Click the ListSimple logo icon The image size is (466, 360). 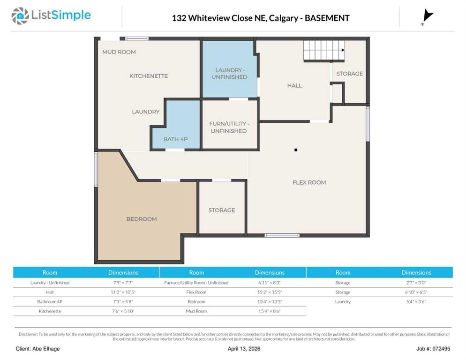point(20,16)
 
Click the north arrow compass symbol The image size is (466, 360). point(427,16)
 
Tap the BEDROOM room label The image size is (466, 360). point(142,219)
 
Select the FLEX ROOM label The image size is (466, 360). point(309,182)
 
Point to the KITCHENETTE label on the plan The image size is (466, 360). point(149,76)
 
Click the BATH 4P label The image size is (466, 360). point(175,139)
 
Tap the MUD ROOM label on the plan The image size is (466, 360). point(119,52)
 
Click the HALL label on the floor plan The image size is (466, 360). point(294,86)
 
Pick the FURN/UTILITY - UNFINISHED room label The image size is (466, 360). point(229,127)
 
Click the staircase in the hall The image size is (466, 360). point(323,50)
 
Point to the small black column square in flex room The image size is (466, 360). point(296,150)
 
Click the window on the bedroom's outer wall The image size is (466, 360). point(96,169)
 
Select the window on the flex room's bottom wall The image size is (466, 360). point(282,235)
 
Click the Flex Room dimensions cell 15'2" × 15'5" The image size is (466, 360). point(270,292)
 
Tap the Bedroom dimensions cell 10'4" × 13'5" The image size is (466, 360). point(270,302)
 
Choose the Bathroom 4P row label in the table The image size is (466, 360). point(50,302)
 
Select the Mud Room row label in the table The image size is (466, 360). point(196,311)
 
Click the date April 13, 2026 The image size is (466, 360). point(244,349)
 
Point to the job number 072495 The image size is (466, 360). point(441,349)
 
